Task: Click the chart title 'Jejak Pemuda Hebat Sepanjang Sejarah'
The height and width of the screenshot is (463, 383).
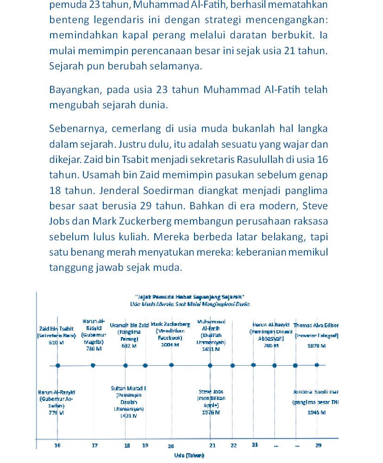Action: coord(189,297)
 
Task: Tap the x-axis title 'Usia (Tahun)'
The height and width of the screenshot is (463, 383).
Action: coord(189,456)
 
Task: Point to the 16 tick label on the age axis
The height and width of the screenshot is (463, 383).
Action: coord(57,445)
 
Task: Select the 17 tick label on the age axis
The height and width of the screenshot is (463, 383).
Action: coord(94,445)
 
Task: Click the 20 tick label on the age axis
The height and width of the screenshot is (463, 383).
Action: coord(171,446)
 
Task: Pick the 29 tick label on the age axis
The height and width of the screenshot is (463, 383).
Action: coord(319,445)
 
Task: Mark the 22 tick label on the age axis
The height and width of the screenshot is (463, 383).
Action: coord(233,445)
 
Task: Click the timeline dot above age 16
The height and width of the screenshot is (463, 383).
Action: coord(58,365)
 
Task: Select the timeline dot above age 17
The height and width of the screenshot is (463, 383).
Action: coord(93,365)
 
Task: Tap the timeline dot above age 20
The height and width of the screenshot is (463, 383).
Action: coord(171,365)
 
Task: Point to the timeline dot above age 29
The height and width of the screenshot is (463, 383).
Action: coord(317,365)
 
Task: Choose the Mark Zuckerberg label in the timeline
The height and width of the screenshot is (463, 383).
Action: coord(170,325)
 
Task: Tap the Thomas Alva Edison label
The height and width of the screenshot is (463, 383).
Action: coord(316,325)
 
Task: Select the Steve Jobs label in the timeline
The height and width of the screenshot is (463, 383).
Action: coord(211,392)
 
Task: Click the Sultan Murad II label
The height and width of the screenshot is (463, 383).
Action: coord(129,388)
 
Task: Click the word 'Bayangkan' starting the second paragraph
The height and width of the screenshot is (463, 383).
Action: coord(76,89)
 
